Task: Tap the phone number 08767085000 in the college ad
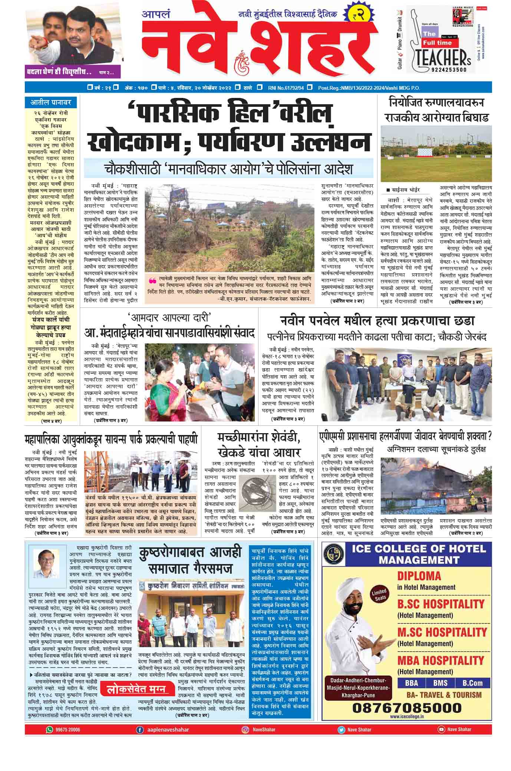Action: pyautogui.click(x=406, y=707)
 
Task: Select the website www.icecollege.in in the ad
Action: pyautogui.click(x=406, y=716)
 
